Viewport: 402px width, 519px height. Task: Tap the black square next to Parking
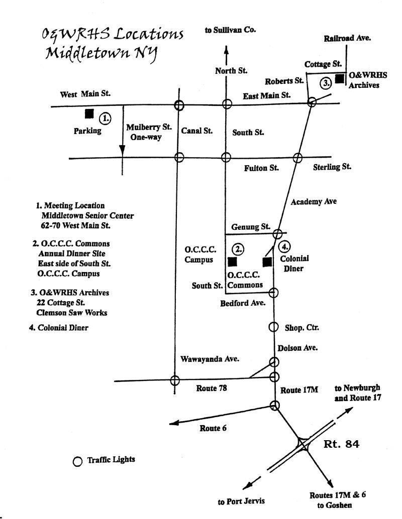pyautogui.click(x=89, y=114)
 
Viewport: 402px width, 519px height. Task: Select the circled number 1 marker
pyautogui.click(x=105, y=118)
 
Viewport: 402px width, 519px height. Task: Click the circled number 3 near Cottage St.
pyautogui.click(x=327, y=83)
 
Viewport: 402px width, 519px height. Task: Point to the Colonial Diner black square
pyautogui.click(x=267, y=262)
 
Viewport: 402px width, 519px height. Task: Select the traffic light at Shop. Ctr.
pyautogui.click(x=273, y=327)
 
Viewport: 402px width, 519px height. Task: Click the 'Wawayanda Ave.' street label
pyautogui.click(x=210, y=359)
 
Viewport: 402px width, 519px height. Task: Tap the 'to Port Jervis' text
pyautogui.click(x=241, y=500)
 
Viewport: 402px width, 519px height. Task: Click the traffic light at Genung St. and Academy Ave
pyautogui.click(x=277, y=233)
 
